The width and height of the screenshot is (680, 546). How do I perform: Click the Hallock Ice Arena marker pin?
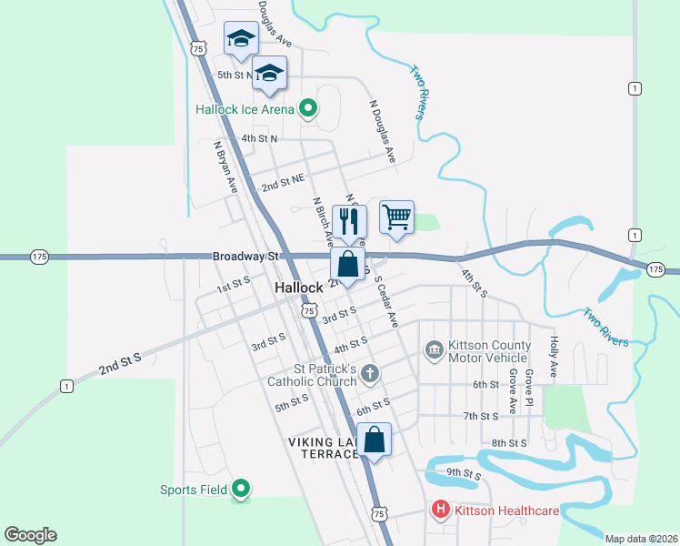coord(308,109)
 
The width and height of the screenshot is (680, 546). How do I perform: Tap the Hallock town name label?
coord(299,288)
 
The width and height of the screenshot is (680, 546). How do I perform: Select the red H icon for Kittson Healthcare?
coord(441,511)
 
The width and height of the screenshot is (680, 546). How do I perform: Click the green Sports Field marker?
coord(241,490)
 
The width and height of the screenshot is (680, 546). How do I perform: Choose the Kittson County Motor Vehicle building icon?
coord(433,349)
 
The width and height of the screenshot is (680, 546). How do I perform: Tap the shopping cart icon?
coord(396,217)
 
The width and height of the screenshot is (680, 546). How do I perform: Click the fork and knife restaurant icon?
coord(348,219)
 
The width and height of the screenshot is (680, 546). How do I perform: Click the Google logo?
coord(30,535)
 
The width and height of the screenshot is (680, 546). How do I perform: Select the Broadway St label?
coord(245,257)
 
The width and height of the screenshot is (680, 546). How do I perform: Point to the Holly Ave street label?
coord(553,357)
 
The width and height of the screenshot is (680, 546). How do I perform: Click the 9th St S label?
coord(464,472)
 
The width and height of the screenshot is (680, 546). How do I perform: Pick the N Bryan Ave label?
coord(225,166)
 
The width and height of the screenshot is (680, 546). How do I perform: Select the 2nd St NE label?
coord(282,186)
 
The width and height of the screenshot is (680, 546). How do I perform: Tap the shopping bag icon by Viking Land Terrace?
coord(375,440)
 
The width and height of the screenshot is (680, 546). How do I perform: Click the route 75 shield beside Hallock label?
coord(309,311)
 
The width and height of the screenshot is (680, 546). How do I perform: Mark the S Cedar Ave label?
coord(386,303)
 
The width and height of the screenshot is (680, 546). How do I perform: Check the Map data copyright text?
coord(640,538)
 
